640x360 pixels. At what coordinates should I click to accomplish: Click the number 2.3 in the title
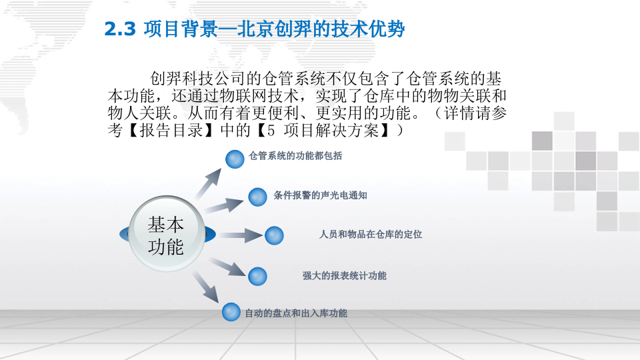120,29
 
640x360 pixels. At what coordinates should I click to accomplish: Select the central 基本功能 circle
166,235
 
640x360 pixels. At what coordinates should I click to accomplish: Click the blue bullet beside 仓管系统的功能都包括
235,159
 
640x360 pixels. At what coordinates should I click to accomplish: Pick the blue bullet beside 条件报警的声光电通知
257,197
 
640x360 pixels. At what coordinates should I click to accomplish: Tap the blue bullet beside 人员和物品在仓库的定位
274,235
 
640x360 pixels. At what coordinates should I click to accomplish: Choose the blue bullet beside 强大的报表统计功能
257,276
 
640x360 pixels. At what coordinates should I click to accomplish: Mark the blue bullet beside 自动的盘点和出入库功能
231,311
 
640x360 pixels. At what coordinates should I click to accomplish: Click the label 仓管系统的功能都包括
295,156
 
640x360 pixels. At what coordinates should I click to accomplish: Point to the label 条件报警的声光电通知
320,196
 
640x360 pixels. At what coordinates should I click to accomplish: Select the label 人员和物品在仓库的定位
371,235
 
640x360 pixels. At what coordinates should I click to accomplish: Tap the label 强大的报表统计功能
344,275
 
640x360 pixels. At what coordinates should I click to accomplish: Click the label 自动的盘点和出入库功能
296,313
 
